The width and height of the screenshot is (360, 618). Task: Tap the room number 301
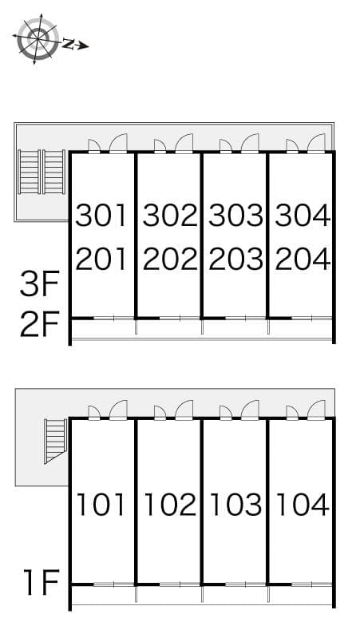pos(101,216)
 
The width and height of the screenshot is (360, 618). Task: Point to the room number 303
pos(235,216)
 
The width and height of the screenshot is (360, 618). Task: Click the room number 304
pos(302,216)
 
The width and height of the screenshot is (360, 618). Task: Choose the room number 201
pos(101,259)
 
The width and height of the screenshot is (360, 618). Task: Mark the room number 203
pos(235,259)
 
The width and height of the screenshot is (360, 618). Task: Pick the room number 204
pos(302,259)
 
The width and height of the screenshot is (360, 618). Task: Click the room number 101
pos(101,505)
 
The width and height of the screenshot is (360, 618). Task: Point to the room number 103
pos(235,505)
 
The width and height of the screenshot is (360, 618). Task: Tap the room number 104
pos(302,505)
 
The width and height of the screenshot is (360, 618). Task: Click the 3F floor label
pos(39,283)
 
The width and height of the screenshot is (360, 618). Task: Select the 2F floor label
pos(39,325)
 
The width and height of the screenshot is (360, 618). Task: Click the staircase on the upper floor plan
pos(42,172)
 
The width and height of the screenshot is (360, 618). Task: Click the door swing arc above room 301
pos(118,143)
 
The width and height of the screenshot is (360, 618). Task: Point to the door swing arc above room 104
pos(316,409)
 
